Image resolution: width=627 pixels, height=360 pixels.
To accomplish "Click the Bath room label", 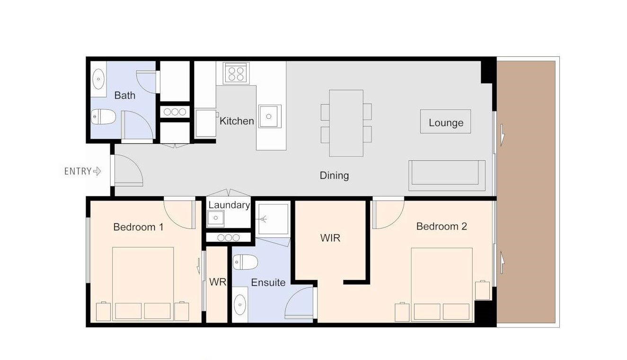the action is (x=125, y=96).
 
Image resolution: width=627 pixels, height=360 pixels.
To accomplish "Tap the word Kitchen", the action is (x=237, y=121).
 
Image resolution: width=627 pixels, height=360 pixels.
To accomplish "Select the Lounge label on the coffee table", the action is (x=446, y=123).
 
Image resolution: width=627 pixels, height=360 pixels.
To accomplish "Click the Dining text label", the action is (x=334, y=176).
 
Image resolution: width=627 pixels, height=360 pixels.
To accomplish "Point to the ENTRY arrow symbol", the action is (x=97, y=171).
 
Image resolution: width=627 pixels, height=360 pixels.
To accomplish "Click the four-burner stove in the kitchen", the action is (x=236, y=73).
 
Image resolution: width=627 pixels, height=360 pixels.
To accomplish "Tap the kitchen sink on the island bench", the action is (x=270, y=116).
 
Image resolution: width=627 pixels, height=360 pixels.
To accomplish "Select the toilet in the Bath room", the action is (x=103, y=117).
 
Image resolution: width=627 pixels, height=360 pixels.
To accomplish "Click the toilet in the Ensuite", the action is (x=245, y=262).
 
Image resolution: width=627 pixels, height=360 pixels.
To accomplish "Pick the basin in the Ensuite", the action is (x=240, y=305).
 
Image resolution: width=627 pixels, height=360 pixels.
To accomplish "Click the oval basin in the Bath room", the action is (x=98, y=79).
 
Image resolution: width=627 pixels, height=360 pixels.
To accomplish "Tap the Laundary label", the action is (x=229, y=205).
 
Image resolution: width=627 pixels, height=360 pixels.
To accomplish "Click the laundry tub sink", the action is (x=215, y=218).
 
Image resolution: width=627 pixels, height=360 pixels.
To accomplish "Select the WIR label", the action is (x=330, y=238).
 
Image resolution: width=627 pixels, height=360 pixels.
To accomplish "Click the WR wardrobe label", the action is (x=218, y=282).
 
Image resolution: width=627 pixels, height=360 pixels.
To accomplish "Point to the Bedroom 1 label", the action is (x=138, y=227).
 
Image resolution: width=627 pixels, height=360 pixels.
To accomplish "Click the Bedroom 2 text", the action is (x=442, y=226).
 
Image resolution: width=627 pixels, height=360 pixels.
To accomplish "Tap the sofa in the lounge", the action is (x=447, y=176).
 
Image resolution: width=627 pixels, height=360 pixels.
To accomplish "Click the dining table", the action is (x=346, y=123).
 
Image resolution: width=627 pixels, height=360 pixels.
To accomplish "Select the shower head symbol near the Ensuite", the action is (x=263, y=219).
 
